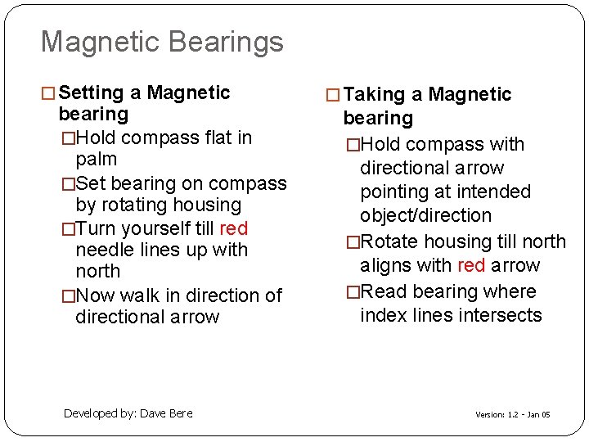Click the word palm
tap(96, 159)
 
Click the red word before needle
tap(234, 228)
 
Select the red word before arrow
tap(471, 265)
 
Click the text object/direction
tap(425, 216)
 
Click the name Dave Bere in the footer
tap(167, 413)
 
